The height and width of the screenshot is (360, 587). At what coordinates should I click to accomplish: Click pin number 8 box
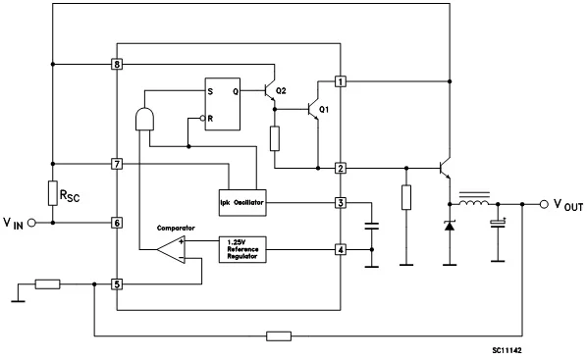[117, 65]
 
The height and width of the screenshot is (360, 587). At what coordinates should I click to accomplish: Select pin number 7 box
[117, 163]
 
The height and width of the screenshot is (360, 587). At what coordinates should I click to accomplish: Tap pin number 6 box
[117, 223]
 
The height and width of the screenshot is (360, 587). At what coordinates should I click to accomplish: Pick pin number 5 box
[117, 284]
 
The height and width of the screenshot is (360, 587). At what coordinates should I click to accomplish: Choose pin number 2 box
[340, 168]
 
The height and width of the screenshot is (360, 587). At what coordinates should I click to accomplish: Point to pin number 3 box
[340, 203]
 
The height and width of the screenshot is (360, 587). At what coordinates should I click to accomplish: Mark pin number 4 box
[340, 249]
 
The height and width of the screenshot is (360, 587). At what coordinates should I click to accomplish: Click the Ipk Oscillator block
[240, 203]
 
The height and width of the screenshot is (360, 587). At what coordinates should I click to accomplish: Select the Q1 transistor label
[324, 109]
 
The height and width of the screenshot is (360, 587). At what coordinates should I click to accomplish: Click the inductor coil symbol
[475, 204]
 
